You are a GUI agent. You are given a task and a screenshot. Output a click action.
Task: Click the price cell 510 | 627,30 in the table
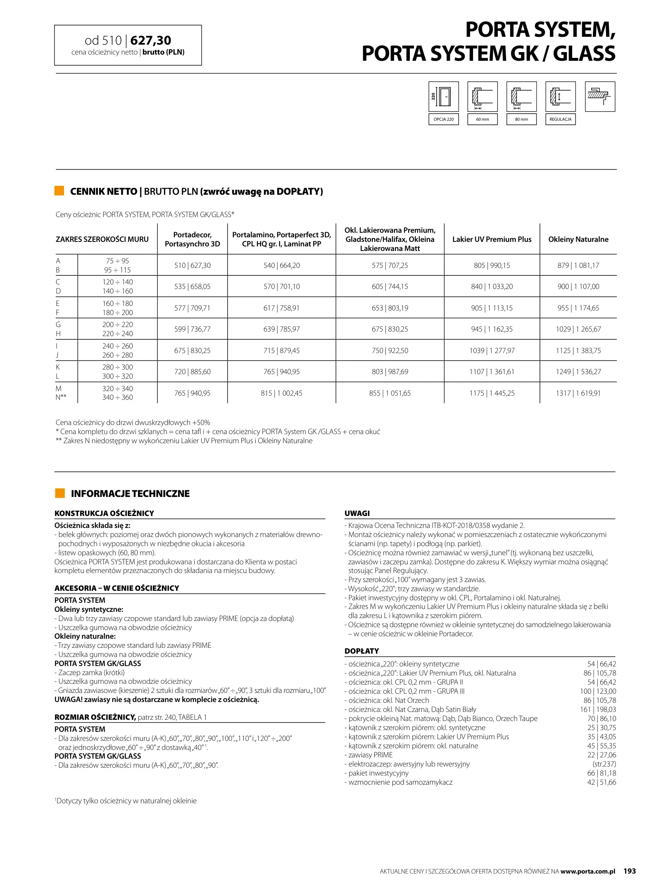pyautogui.click(x=192, y=265)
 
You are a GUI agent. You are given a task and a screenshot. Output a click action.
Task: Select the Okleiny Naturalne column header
pyautogui.click(x=578, y=239)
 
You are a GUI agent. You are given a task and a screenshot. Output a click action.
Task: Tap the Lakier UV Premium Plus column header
pyautogui.click(x=492, y=239)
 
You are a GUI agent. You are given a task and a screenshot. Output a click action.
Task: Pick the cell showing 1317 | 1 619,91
pyautogui.click(x=578, y=393)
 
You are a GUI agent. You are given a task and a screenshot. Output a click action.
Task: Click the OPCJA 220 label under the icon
pyautogui.click(x=443, y=119)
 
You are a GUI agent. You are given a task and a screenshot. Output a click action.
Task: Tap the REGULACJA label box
pyautogui.click(x=560, y=119)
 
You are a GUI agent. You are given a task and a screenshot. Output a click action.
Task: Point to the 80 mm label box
pyautogui.click(x=521, y=119)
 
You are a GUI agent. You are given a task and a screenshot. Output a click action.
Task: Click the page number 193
pyautogui.click(x=630, y=871)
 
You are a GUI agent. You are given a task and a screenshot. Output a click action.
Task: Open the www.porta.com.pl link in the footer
pyautogui.click(x=587, y=872)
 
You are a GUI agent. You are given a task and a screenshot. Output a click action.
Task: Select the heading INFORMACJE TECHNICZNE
pyautogui.click(x=130, y=494)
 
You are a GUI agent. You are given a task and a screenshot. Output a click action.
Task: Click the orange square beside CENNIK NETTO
pyautogui.click(x=59, y=191)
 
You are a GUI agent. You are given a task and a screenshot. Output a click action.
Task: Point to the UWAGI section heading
pyautogui.click(x=357, y=513)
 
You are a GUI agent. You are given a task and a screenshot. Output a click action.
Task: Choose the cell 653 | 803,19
pyautogui.click(x=390, y=308)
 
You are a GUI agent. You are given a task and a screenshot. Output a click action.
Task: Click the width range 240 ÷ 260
pyautogui.click(x=118, y=346)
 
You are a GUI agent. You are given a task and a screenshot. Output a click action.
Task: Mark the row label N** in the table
pyautogui.click(x=61, y=397)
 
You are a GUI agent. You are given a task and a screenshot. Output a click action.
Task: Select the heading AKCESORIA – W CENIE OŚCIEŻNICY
pyautogui.click(x=117, y=588)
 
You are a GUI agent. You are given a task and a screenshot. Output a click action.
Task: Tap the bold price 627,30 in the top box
pyautogui.click(x=150, y=41)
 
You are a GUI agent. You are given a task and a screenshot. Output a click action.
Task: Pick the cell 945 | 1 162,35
pyautogui.click(x=492, y=329)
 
